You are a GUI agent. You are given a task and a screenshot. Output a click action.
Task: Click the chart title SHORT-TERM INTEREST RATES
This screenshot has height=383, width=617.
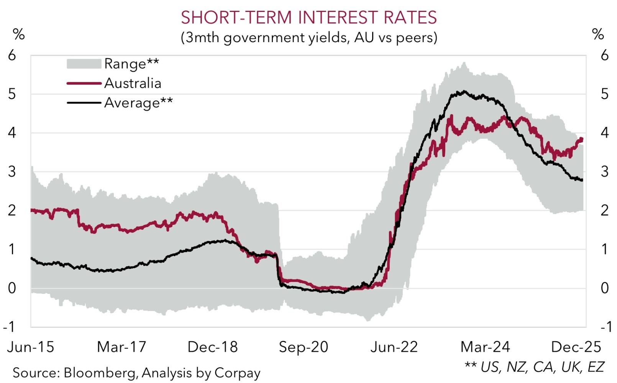pyautogui.click(x=308, y=18)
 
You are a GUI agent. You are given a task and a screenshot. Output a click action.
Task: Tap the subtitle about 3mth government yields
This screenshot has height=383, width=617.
pyautogui.click(x=309, y=38)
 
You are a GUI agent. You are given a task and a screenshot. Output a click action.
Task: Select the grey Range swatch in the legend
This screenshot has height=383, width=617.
pyautogui.click(x=84, y=64)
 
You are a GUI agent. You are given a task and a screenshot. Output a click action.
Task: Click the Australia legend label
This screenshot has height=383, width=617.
pyautogui.click(x=133, y=83)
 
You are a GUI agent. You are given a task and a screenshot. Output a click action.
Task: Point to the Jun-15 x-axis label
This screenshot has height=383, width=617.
pyautogui.click(x=31, y=347)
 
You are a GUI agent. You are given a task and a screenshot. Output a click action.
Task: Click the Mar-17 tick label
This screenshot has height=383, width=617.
pyautogui.click(x=121, y=347)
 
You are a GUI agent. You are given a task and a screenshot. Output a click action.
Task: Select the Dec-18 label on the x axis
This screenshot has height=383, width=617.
pyautogui.click(x=213, y=347)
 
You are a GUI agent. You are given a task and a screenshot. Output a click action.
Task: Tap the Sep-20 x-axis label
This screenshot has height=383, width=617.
pyautogui.click(x=304, y=347)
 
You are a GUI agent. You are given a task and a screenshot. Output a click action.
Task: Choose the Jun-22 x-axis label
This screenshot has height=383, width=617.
pyautogui.click(x=394, y=347)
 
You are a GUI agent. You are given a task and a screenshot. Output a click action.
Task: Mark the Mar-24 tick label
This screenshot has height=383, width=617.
pyautogui.click(x=485, y=347)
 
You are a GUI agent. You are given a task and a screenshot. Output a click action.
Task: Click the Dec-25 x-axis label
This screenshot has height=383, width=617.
pyautogui.click(x=576, y=347)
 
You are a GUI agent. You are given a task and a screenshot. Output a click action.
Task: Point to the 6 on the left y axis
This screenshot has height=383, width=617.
pyautogui.click(x=12, y=55)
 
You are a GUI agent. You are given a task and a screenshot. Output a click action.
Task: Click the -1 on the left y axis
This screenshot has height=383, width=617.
pyautogui.click(x=9, y=327)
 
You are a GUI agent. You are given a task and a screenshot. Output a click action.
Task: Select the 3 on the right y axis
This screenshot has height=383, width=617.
pyautogui.click(x=605, y=172)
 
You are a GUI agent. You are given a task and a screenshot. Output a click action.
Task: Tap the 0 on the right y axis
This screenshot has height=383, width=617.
pyautogui.click(x=605, y=288)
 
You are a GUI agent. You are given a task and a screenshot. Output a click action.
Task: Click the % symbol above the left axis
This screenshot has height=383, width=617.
pyautogui.click(x=19, y=34)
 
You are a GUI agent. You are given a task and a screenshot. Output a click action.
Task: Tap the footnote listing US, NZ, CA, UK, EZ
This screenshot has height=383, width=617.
pyautogui.click(x=535, y=367)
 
